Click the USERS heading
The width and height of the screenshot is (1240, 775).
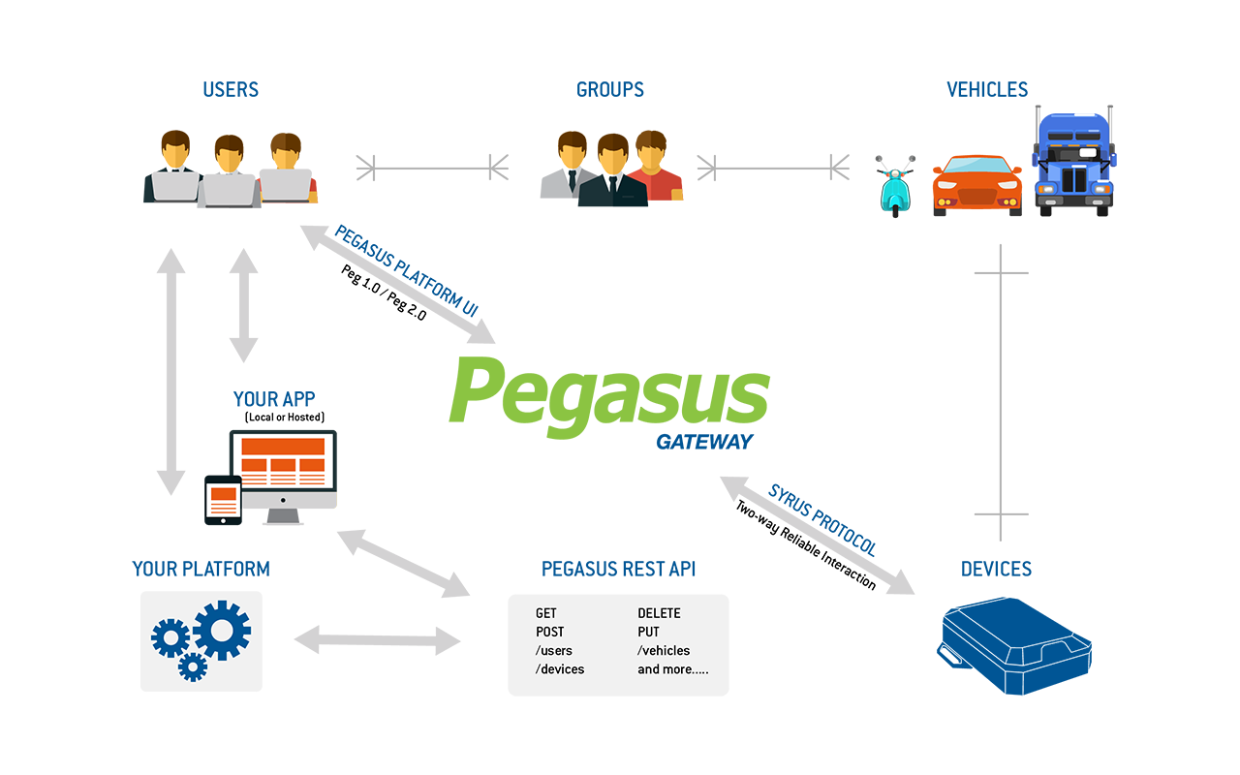[x=231, y=90]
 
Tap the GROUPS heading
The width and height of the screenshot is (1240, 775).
[x=610, y=90]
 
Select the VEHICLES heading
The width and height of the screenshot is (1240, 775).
[x=987, y=90]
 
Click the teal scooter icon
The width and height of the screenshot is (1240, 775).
[x=895, y=186]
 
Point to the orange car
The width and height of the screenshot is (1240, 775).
[x=976, y=185]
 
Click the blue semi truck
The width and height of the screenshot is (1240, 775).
[x=1073, y=163]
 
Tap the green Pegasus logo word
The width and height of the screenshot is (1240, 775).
[x=609, y=391]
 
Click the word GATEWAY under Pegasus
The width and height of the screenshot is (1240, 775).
[x=704, y=443]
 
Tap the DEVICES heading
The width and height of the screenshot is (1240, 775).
[x=997, y=570]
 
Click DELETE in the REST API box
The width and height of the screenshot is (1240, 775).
[x=659, y=613]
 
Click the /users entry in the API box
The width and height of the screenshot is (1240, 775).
[x=554, y=651]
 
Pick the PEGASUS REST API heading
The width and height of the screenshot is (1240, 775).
[x=618, y=570]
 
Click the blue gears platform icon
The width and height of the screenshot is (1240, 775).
[x=201, y=640]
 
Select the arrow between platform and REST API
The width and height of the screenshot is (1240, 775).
[x=377, y=640]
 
